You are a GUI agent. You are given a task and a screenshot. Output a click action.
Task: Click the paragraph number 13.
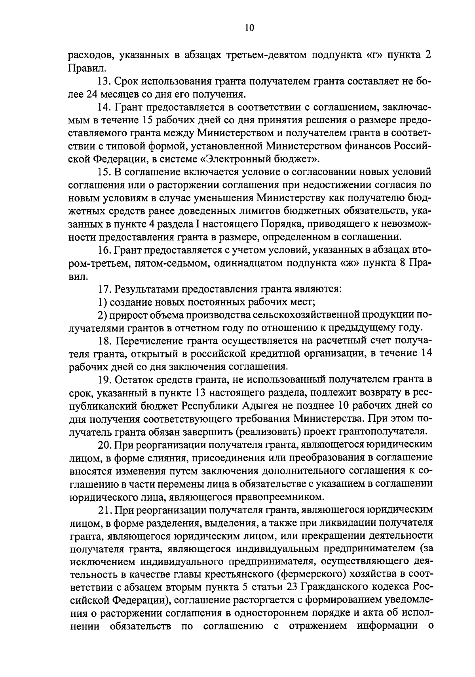(104, 81)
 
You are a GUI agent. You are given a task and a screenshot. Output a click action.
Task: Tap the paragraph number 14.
(104, 107)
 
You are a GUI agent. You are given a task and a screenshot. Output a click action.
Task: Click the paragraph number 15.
(104, 172)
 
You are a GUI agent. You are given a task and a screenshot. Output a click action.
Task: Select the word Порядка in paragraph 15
(277, 225)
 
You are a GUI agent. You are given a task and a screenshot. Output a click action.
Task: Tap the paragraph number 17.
(104, 289)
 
